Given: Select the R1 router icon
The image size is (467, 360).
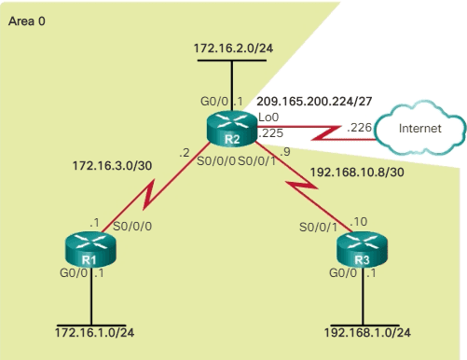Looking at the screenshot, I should [x=89, y=250].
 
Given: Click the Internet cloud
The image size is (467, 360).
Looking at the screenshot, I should [x=418, y=130].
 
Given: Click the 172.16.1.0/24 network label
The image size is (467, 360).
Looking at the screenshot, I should [x=93, y=332].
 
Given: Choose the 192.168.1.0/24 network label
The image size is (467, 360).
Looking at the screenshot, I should [x=368, y=332].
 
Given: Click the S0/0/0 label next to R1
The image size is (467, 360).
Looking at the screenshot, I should [x=132, y=226].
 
